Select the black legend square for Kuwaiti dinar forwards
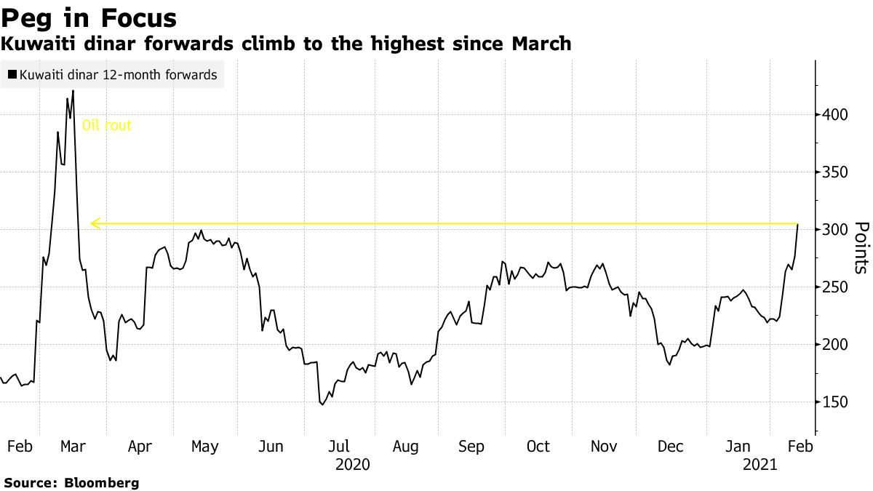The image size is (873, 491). (x=12, y=75)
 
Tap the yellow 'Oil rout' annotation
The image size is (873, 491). (x=107, y=125)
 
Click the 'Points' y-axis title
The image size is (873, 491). (x=860, y=247)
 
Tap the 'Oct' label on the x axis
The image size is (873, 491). (x=538, y=447)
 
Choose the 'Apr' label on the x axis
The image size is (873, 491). (x=140, y=447)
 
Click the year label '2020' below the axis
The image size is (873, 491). (x=352, y=464)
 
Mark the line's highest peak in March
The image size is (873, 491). (x=73, y=91)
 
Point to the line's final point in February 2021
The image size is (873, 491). (x=798, y=225)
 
